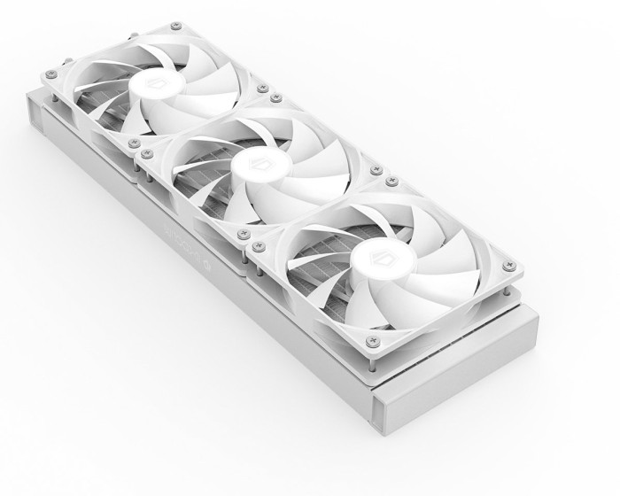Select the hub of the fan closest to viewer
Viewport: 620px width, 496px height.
tap(371, 254)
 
